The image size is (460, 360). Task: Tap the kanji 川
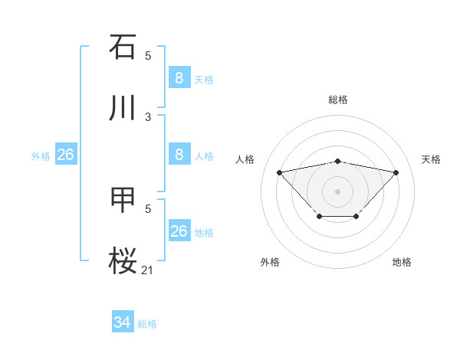point(123,107)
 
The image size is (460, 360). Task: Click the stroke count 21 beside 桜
point(148,269)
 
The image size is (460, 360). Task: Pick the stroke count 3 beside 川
point(148,116)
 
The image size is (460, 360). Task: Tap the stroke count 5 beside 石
point(148,55)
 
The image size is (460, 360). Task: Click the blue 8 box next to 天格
point(179,77)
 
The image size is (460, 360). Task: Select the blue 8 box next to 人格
point(179,154)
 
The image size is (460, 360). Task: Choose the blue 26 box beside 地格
point(179,231)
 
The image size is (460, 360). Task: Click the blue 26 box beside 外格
point(66,155)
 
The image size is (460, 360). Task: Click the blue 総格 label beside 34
point(148,324)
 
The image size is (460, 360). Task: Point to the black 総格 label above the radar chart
point(338,100)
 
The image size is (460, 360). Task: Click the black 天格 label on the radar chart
point(432,159)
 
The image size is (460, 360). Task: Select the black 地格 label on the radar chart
point(402,262)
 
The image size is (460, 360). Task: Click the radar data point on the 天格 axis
point(396,172)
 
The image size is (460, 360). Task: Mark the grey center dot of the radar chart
point(338,191)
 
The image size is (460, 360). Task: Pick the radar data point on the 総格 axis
point(338,161)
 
